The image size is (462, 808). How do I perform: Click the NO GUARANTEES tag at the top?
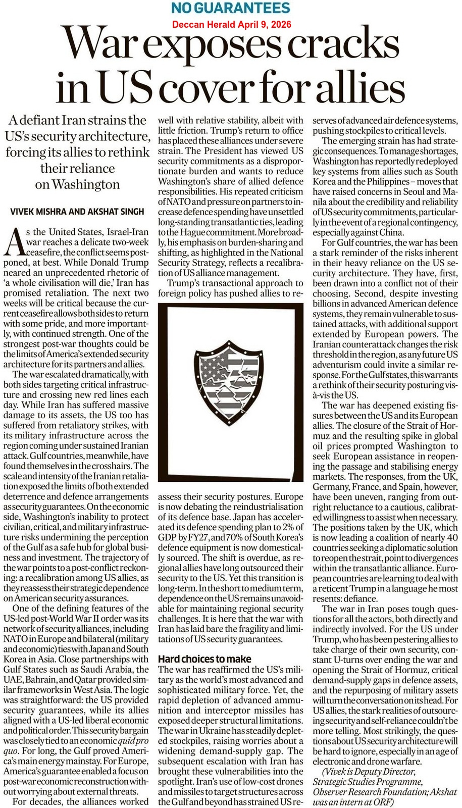click(231, 8)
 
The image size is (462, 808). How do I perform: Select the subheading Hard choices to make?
click(204, 659)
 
